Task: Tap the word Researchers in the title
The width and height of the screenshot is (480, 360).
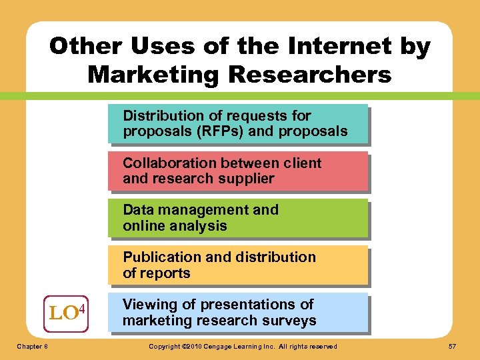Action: [x=309, y=74]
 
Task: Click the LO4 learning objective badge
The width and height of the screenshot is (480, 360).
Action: [x=65, y=311]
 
